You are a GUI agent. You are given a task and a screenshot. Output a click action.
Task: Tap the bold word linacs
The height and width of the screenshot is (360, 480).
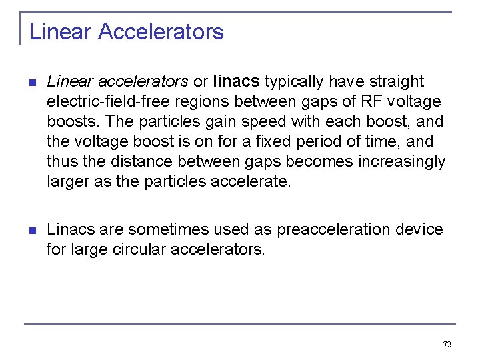pyautogui.click(x=236, y=81)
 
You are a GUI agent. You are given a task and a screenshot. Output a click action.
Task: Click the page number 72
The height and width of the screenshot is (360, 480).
pyautogui.click(x=447, y=345)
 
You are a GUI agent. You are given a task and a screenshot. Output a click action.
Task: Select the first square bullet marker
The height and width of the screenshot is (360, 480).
pyautogui.click(x=31, y=83)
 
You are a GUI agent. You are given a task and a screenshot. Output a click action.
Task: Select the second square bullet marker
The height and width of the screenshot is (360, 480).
pyautogui.click(x=31, y=231)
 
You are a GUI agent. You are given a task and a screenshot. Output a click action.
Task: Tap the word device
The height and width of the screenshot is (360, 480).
pyautogui.click(x=419, y=229)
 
